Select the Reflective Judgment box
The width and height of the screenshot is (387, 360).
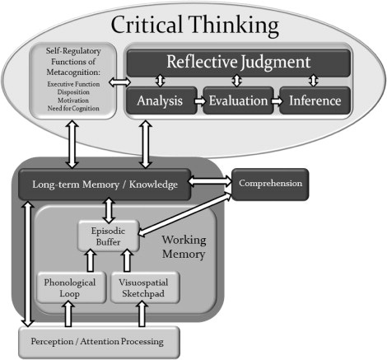tap(237, 61)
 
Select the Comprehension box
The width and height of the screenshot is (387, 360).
tap(271, 183)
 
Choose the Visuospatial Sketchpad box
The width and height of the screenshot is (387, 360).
tap(146, 288)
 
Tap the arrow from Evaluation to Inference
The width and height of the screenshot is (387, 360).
tap(274, 101)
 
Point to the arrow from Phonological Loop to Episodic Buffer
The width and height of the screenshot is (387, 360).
tap(91, 260)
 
